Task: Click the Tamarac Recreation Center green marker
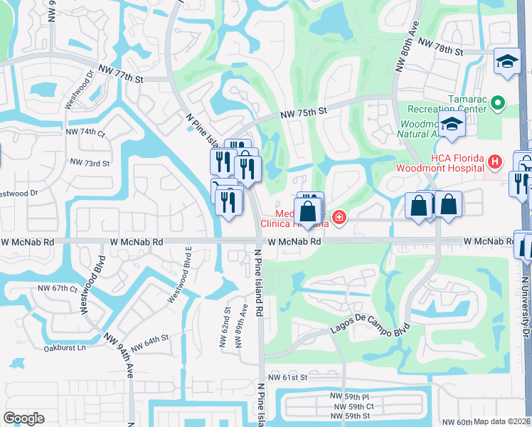497,104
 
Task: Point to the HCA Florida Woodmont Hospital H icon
496,163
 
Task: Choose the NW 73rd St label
90,163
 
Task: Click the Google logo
23,418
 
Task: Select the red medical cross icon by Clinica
339,217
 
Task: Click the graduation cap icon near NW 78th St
508,61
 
